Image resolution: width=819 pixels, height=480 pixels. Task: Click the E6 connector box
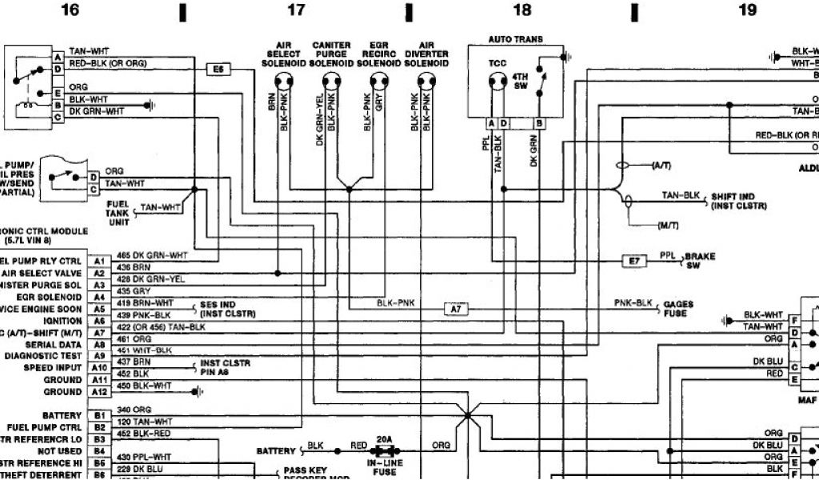pyautogui.click(x=218, y=70)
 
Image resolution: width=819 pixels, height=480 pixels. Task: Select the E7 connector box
pyautogui.click(x=634, y=261)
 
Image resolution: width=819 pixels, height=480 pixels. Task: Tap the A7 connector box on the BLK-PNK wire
pyautogui.click(x=455, y=308)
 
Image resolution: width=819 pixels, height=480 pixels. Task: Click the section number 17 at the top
pyautogui.click(x=296, y=10)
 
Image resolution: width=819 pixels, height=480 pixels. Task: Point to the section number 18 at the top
pyautogui.click(x=521, y=10)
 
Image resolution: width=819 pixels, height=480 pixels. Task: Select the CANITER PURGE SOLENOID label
pyautogui.click(x=330, y=54)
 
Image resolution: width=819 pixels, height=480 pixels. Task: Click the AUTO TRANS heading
pyautogui.click(x=516, y=39)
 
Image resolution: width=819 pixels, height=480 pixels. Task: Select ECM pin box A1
pyautogui.click(x=99, y=261)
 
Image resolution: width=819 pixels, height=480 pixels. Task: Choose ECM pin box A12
pyautogui.click(x=99, y=392)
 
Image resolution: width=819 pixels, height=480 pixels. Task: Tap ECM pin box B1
pyautogui.click(x=99, y=416)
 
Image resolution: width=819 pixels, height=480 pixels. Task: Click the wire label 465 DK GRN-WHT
pyautogui.click(x=151, y=255)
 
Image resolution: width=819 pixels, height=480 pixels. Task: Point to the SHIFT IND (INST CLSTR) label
pyautogui.click(x=738, y=201)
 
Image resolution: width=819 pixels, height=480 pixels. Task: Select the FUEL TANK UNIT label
pyautogui.click(x=118, y=213)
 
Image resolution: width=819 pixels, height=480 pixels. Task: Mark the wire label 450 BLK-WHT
pyautogui.click(x=144, y=386)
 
